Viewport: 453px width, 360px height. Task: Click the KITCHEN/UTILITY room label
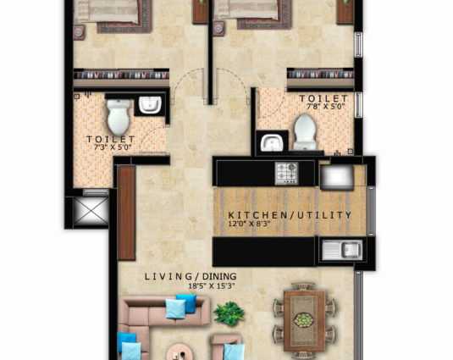tap(290, 215)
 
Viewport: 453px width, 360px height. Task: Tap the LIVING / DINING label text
tap(191, 276)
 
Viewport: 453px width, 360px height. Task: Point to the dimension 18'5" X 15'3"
tap(211, 286)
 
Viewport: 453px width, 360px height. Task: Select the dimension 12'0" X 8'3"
tap(249, 224)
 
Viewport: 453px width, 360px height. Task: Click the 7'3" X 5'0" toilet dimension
tap(113, 147)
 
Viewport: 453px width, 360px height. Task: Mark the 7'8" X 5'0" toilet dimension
tap(326, 107)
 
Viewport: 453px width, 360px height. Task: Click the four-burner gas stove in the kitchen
tap(286, 173)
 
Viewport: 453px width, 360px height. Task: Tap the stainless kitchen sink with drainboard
tap(342, 250)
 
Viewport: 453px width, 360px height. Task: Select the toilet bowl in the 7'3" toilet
tap(119, 117)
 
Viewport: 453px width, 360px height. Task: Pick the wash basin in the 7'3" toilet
tap(150, 104)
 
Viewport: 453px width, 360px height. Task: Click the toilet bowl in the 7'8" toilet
tap(305, 131)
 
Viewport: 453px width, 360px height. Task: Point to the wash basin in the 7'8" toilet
tap(272, 143)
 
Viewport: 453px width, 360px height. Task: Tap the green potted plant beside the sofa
tap(229, 313)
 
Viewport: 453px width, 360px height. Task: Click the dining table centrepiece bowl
tap(304, 320)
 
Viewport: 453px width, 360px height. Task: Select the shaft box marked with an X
tap(91, 211)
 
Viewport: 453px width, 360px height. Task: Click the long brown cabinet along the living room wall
tap(126, 213)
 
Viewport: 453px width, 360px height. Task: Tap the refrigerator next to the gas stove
tap(337, 177)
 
